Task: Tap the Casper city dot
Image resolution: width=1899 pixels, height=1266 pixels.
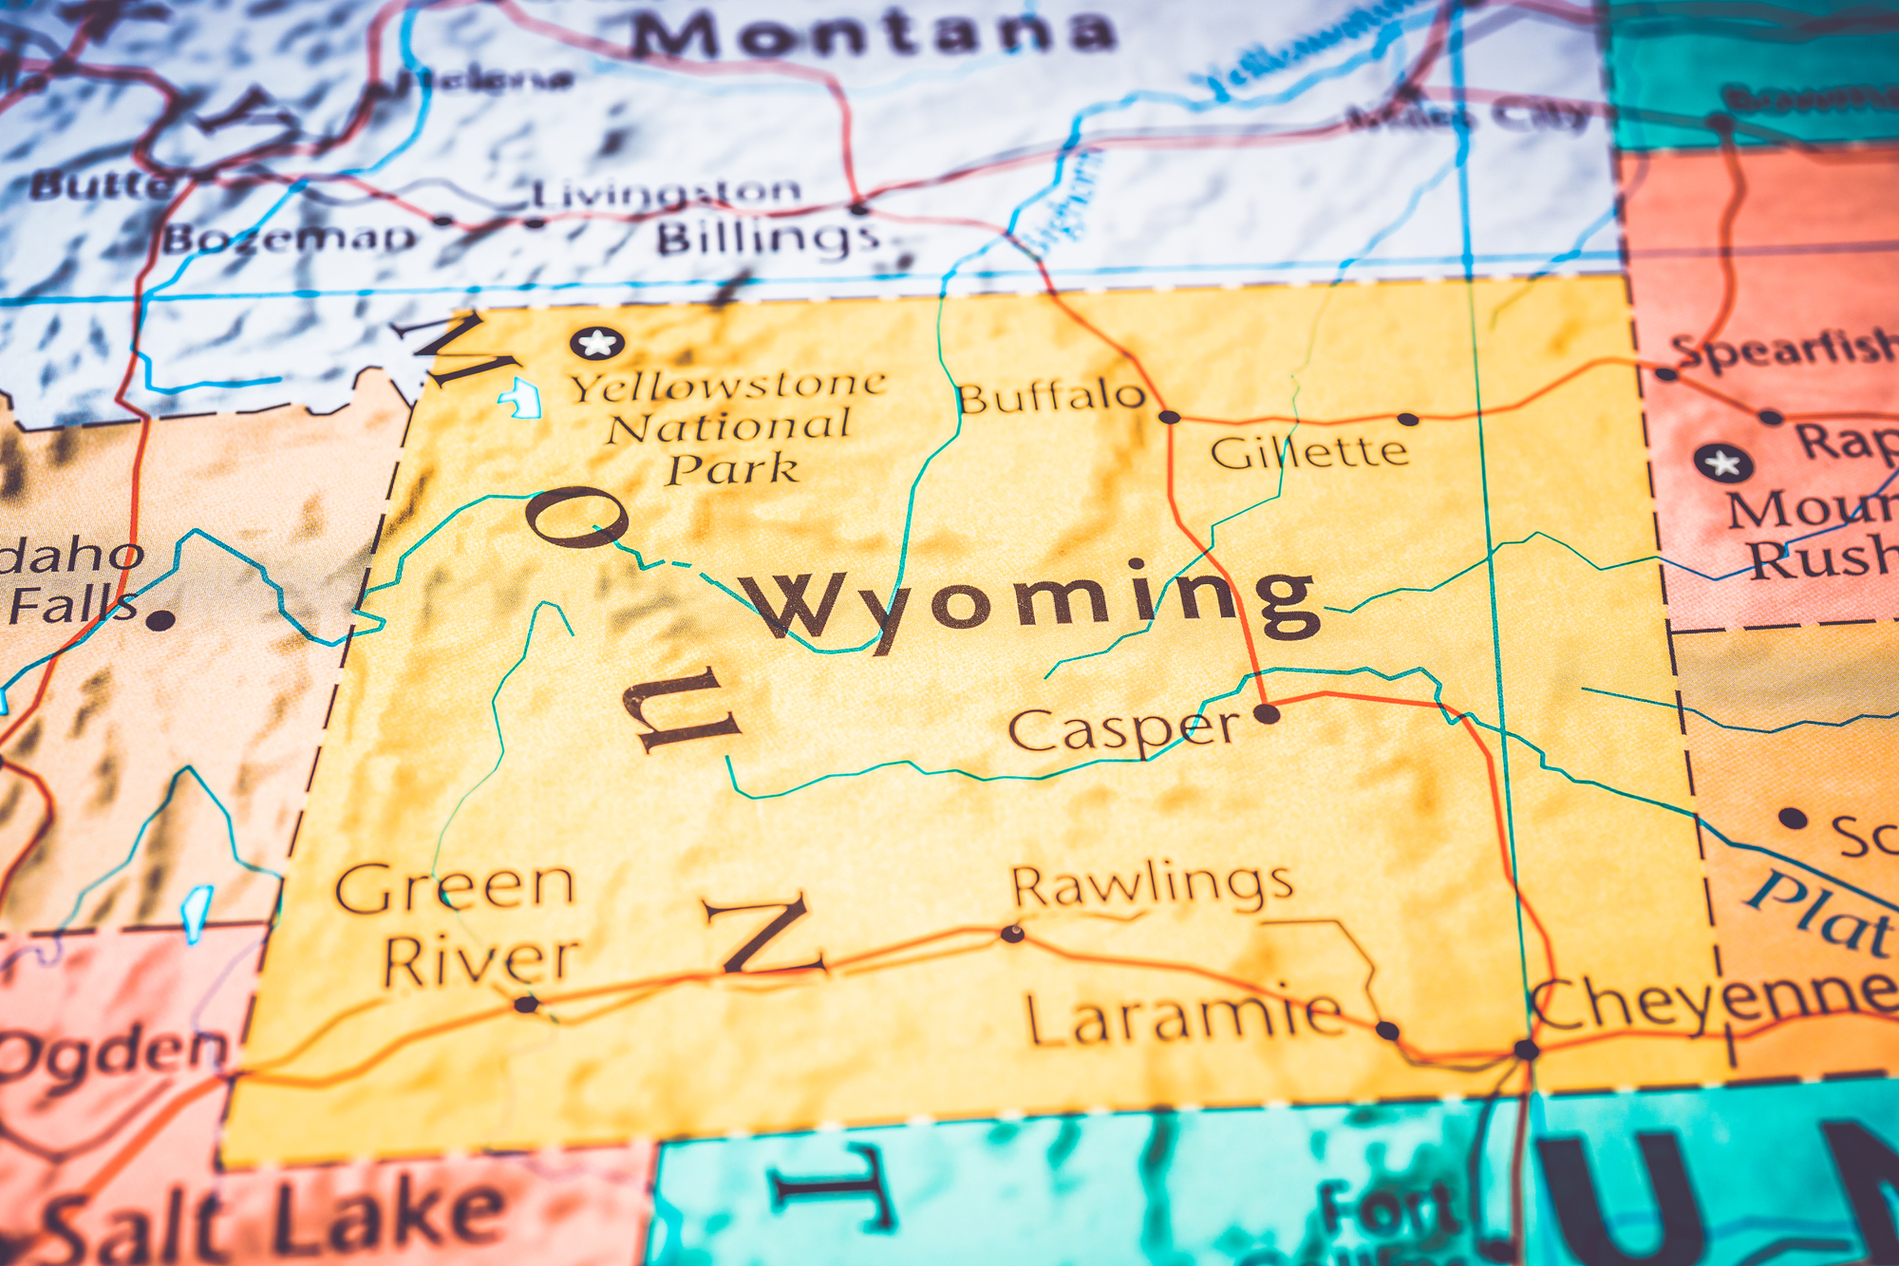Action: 1267,713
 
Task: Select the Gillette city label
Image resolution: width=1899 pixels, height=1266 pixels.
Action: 1308,451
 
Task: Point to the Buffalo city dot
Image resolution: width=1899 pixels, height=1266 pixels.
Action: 1170,417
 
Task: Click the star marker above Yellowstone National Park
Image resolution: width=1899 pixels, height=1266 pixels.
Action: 597,342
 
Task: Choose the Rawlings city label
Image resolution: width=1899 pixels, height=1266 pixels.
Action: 1152,885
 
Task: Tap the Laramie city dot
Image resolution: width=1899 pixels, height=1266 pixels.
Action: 1387,1030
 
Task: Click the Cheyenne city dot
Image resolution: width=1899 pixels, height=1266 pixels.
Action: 1526,1049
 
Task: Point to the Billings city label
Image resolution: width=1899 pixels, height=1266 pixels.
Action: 767,236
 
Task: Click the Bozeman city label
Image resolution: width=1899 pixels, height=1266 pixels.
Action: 290,237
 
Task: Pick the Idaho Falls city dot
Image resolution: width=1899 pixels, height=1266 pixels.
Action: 160,620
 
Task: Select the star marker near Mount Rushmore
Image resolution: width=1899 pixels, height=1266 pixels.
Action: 1722,463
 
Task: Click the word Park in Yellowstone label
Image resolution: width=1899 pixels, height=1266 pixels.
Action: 732,469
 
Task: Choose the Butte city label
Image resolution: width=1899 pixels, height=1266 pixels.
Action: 100,184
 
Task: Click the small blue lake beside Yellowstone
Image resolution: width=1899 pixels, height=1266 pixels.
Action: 521,398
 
